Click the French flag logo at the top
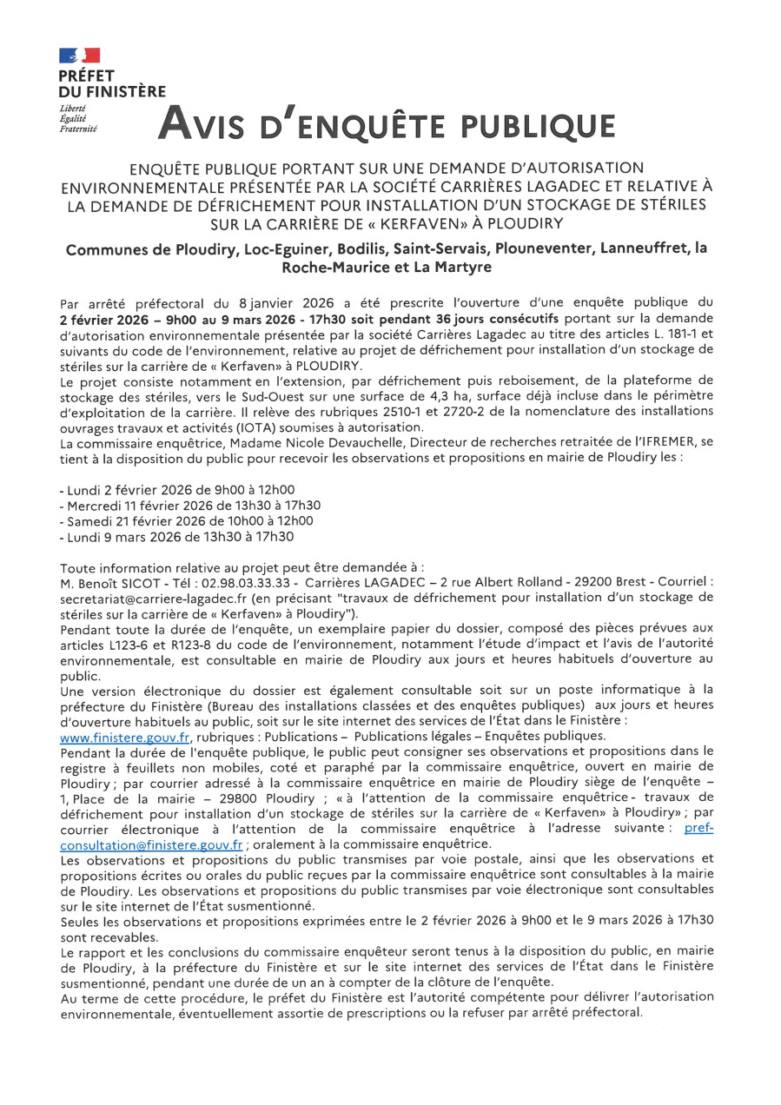[79, 56]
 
